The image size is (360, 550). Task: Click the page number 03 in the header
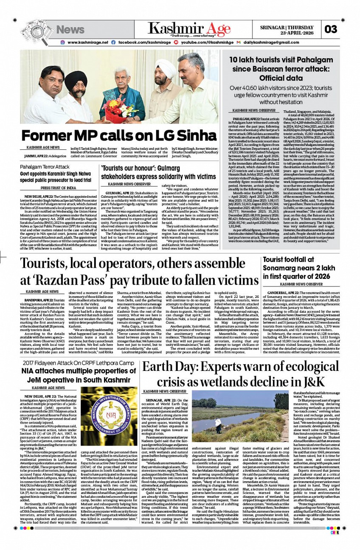tap(331, 29)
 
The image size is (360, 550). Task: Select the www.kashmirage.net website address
tap(87, 42)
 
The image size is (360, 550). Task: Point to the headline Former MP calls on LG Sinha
tap(113, 136)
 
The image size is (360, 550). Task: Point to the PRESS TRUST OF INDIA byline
tap(58, 188)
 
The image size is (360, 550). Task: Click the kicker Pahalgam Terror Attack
tap(45, 167)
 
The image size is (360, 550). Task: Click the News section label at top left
tap(70, 29)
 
